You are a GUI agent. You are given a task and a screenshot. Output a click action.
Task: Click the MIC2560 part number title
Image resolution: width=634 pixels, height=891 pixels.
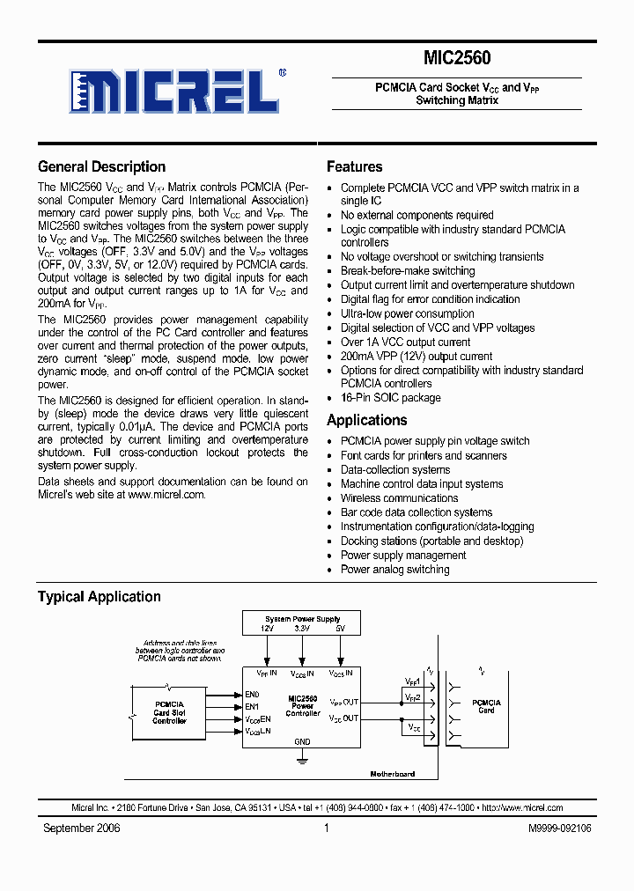(457, 58)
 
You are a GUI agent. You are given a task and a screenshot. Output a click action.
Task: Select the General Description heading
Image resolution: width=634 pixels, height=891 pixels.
(101, 166)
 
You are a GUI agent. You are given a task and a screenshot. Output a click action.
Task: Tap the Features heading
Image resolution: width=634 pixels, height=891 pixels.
(354, 166)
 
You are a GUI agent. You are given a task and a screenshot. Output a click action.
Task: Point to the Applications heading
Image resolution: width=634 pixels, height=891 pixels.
(366, 420)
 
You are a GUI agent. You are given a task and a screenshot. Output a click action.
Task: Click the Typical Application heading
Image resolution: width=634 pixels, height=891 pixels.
(99, 596)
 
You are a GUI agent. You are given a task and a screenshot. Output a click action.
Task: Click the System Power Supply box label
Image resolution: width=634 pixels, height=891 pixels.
(302, 619)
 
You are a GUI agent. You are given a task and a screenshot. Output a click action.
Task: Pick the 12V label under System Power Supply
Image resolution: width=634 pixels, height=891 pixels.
(267, 630)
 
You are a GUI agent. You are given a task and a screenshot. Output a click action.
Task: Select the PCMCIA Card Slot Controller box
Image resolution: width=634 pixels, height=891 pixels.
(169, 712)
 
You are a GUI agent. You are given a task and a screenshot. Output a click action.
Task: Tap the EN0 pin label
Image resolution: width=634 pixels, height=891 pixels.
(252, 695)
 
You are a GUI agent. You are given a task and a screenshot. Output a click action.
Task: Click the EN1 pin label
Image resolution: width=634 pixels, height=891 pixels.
(252, 706)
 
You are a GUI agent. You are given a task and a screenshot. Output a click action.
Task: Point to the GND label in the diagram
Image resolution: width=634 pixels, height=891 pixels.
(302, 741)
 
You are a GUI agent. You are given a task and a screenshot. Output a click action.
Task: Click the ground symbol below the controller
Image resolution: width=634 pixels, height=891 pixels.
(302, 758)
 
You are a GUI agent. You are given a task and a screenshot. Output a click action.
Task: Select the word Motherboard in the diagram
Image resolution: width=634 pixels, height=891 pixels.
(392, 774)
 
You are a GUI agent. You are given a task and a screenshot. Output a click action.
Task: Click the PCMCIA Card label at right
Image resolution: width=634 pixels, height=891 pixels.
(486, 706)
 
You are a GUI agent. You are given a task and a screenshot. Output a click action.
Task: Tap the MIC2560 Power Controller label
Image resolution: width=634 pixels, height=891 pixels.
(302, 705)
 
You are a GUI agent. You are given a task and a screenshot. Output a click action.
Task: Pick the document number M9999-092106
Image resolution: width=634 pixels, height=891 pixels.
(560, 828)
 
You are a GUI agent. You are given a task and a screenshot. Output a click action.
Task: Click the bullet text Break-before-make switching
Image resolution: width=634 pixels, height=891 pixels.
(408, 271)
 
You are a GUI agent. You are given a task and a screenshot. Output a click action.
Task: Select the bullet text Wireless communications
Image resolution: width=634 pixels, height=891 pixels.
(400, 498)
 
